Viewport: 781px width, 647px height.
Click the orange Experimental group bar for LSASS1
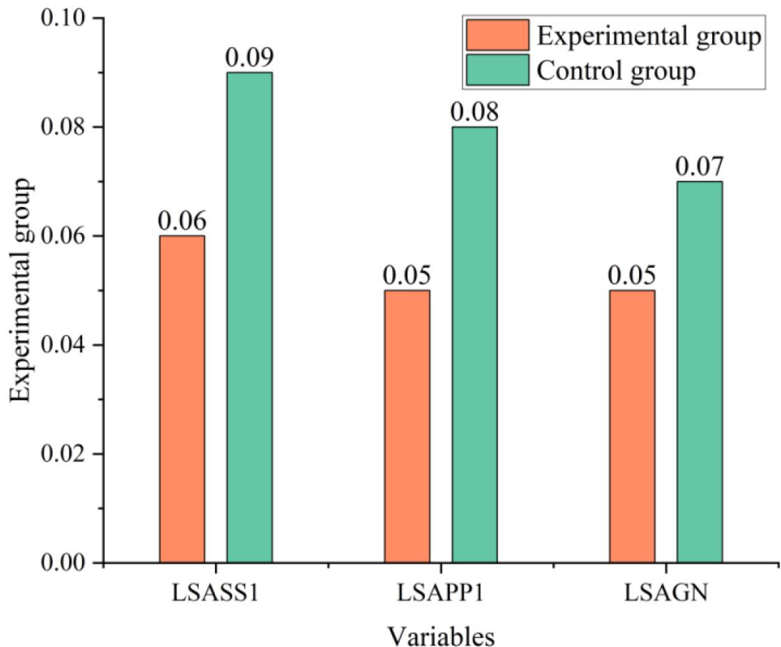(x=182, y=399)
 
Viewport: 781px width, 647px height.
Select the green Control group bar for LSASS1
(x=249, y=318)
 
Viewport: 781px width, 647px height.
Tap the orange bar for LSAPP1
(x=407, y=426)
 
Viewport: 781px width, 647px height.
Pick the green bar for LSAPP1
(x=474, y=345)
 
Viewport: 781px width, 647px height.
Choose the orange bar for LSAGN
(x=631, y=426)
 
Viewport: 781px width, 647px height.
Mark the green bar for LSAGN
(x=699, y=372)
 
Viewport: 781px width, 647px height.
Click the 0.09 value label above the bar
(x=249, y=58)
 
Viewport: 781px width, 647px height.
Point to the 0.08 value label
(x=474, y=113)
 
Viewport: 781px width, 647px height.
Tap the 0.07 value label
(x=699, y=167)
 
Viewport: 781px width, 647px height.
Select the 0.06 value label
(x=182, y=222)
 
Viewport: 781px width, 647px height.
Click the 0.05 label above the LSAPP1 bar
(x=407, y=276)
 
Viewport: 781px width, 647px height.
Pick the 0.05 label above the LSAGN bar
(x=631, y=276)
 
